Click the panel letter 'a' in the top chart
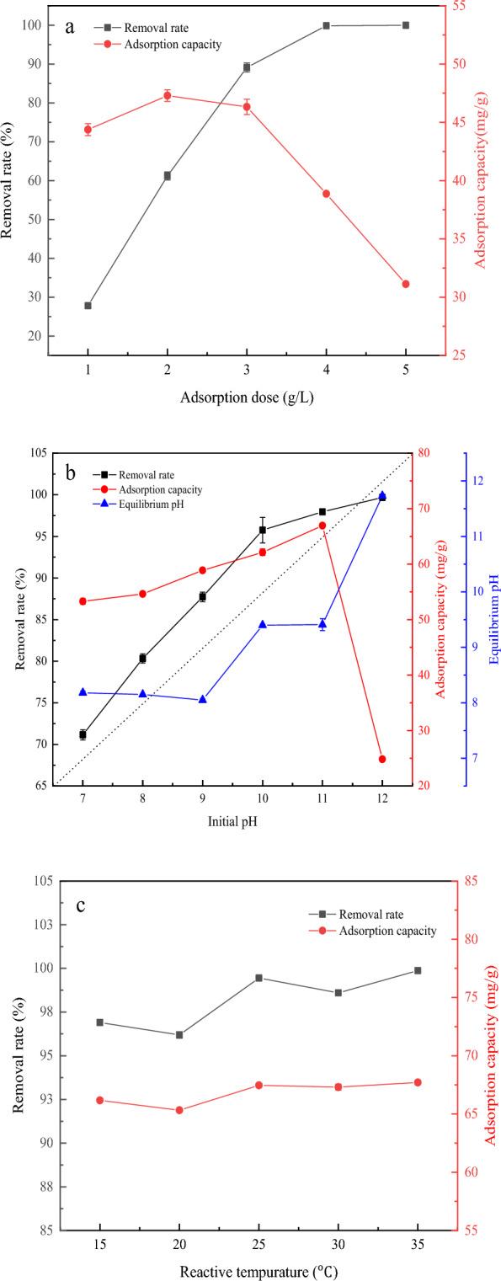click(72, 27)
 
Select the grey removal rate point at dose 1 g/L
click(88, 306)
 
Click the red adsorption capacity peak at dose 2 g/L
click(168, 95)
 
